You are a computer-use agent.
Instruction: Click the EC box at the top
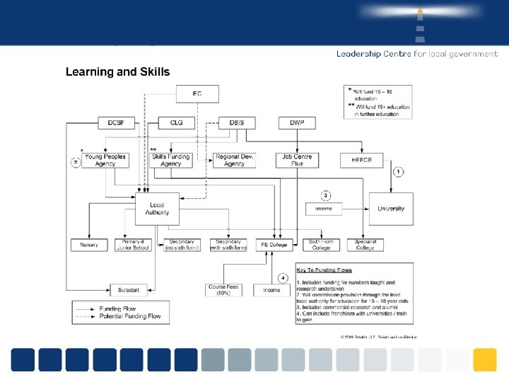pyautogui.click(x=197, y=93)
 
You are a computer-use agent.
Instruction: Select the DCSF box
pyautogui.click(x=116, y=122)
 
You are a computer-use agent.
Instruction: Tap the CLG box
pyautogui.click(x=176, y=122)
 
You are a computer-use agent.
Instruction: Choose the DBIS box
pyautogui.click(x=237, y=122)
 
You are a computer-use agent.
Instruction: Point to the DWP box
pyautogui.click(x=297, y=122)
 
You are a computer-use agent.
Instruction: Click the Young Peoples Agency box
pyautogui.click(x=105, y=160)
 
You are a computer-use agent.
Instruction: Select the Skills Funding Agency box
pyautogui.click(x=170, y=160)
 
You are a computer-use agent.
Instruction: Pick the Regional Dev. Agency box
pyautogui.click(x=234, y=160)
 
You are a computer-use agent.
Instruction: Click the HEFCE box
pyautogui.click(x=361, y=161)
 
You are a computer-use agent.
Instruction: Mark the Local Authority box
pyautogui.click(x=157, y=209)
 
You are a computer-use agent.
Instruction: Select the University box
pyautogui.click(x=391, y=209)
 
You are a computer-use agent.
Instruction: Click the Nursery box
pyautogui.click(x=89, y=245)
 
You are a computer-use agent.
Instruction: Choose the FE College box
pyautogui.click(x=274, y=245)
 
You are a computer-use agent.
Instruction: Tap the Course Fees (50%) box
pyautogui.click(x=223, y=290)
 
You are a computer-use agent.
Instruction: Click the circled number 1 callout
pyautogui.click(x=399, y=171)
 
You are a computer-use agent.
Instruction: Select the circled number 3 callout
pyautogui.click(x=325, y=195)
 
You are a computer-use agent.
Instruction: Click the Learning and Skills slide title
pyautogui.click(x=117, y=71)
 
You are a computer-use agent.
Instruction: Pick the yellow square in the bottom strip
pyautogui.click(x=484, y=359)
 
